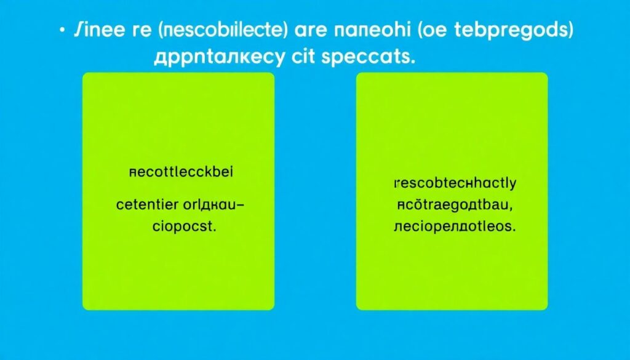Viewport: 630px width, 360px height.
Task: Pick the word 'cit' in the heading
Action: point(306,58)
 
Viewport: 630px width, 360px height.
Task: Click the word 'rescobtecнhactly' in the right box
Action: point(455,183)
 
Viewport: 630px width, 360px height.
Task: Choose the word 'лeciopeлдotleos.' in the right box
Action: point(454,226)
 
